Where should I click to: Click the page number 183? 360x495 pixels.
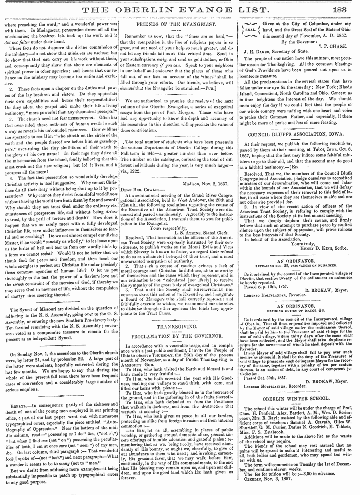(x=347, y=9)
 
